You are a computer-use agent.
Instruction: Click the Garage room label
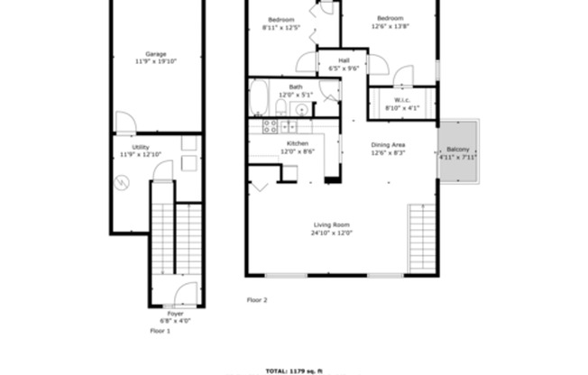coord(155,54)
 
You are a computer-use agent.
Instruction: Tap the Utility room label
coord(140,147)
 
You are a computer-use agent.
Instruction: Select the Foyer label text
coord(175,314)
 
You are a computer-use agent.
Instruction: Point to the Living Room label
coord(331,224)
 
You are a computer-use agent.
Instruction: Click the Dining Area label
coord(388,144)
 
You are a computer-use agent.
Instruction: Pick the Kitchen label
coord(298,144)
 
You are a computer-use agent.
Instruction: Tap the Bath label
coord(295,87)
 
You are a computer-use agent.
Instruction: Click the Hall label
coord(345,60)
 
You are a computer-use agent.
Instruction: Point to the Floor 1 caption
coord(160,332)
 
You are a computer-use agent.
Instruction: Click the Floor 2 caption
coord(257,299)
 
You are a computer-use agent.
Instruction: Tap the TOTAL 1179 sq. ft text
coord(294,370)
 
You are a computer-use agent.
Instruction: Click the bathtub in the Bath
coord(259,96)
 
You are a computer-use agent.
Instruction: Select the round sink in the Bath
coord(301,109)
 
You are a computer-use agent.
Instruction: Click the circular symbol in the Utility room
coord(121,181)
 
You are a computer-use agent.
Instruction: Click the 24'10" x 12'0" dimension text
coord(331,233)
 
